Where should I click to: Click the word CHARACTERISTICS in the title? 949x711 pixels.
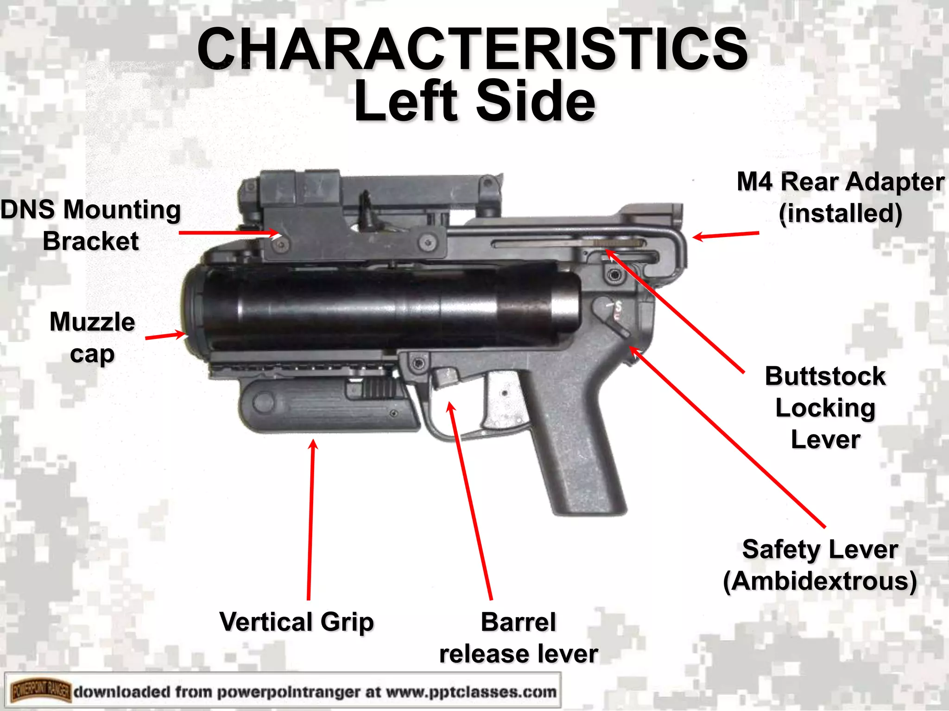click(473, 49)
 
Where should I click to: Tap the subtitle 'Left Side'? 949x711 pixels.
click(474, 101)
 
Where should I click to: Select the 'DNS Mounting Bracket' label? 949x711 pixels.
click(91, 225)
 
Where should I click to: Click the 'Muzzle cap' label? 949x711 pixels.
click(92, 338)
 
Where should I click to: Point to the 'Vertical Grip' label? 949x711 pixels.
click(297, 622)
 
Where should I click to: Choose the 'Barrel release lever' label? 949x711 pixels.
click(519, 638)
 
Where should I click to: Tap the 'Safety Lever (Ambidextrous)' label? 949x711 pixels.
click(820, 565)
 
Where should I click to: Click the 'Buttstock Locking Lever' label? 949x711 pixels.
click(825, 407)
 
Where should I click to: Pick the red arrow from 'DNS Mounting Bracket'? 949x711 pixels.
click(227, 232)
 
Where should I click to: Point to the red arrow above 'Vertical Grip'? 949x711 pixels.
click(311, 518)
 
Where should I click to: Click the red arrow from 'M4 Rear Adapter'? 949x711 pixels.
click(726, 235)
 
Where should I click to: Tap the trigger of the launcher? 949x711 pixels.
click(503, 398)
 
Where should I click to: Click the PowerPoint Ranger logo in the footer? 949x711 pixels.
click(41, 692)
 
